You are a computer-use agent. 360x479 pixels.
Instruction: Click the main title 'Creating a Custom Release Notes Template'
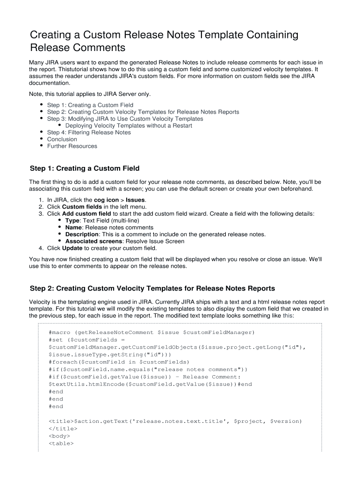coord(164,36)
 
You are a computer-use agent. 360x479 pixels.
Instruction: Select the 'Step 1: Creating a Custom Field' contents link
coord(90,105)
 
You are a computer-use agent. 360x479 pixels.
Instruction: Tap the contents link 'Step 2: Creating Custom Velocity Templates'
coord(143,112)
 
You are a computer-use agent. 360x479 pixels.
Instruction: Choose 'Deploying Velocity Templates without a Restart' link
coord(129,126)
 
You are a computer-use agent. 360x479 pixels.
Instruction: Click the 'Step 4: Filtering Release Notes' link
coord(89,132)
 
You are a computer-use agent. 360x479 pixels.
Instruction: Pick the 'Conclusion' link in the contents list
coord(62,139)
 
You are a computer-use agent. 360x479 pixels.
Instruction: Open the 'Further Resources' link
coord(72,146)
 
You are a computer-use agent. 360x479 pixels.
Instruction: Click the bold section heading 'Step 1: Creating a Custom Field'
coord(84,168)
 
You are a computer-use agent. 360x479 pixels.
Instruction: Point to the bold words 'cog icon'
coord(106,200)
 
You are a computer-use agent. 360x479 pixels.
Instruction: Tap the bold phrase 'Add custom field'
coord(86,214)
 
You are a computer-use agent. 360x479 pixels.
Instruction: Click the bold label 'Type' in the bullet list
coord(72,220)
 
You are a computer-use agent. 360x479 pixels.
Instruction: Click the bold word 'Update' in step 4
coord(72,248)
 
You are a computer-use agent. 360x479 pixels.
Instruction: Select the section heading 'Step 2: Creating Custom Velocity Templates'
coord(152,288)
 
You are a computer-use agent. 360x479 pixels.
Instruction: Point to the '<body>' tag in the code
coord(59,435)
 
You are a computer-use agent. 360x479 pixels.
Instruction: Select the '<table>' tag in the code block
coord(61,443)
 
